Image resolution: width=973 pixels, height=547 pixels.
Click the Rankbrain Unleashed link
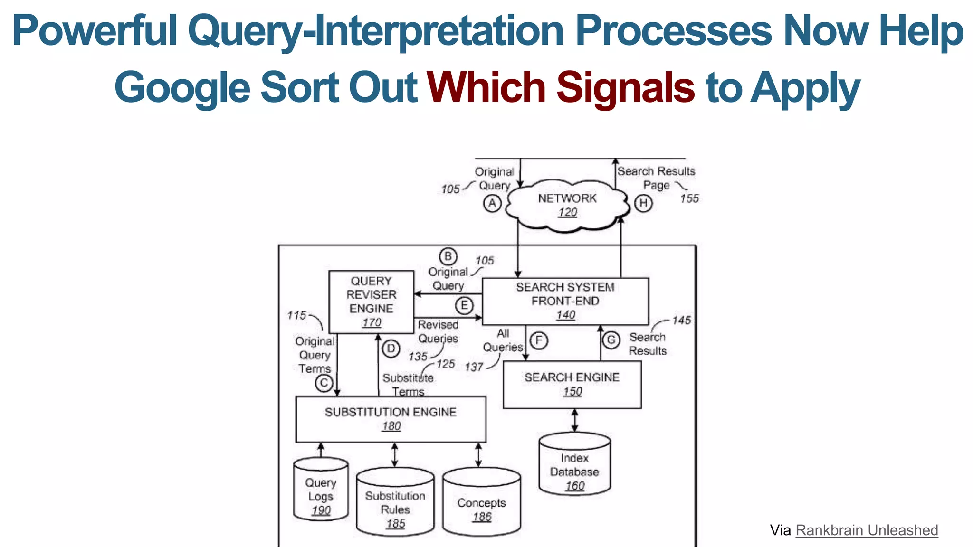coord(867,530)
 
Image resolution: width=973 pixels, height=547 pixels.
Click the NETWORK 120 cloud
coord(567,205)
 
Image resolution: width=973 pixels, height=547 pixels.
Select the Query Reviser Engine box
coord(372,302)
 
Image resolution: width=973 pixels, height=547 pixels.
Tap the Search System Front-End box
coord(565,301)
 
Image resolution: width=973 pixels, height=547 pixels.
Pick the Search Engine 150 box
coord(572,384)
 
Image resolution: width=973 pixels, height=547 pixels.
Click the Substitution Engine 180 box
coord(391,419)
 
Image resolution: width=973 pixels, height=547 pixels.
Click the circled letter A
coord(492,204)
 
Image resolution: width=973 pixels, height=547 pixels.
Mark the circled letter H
coord(643,204)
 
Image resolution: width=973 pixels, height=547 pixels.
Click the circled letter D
coord(391,349)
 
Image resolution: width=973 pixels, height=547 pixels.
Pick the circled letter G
coord(611,340)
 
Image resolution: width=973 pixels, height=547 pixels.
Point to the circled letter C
coord(324,383)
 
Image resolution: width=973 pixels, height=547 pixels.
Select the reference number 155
coord(689,198)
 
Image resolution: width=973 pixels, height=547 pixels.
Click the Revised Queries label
coord(438,331)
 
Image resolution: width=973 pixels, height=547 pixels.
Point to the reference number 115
coord(296,315)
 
